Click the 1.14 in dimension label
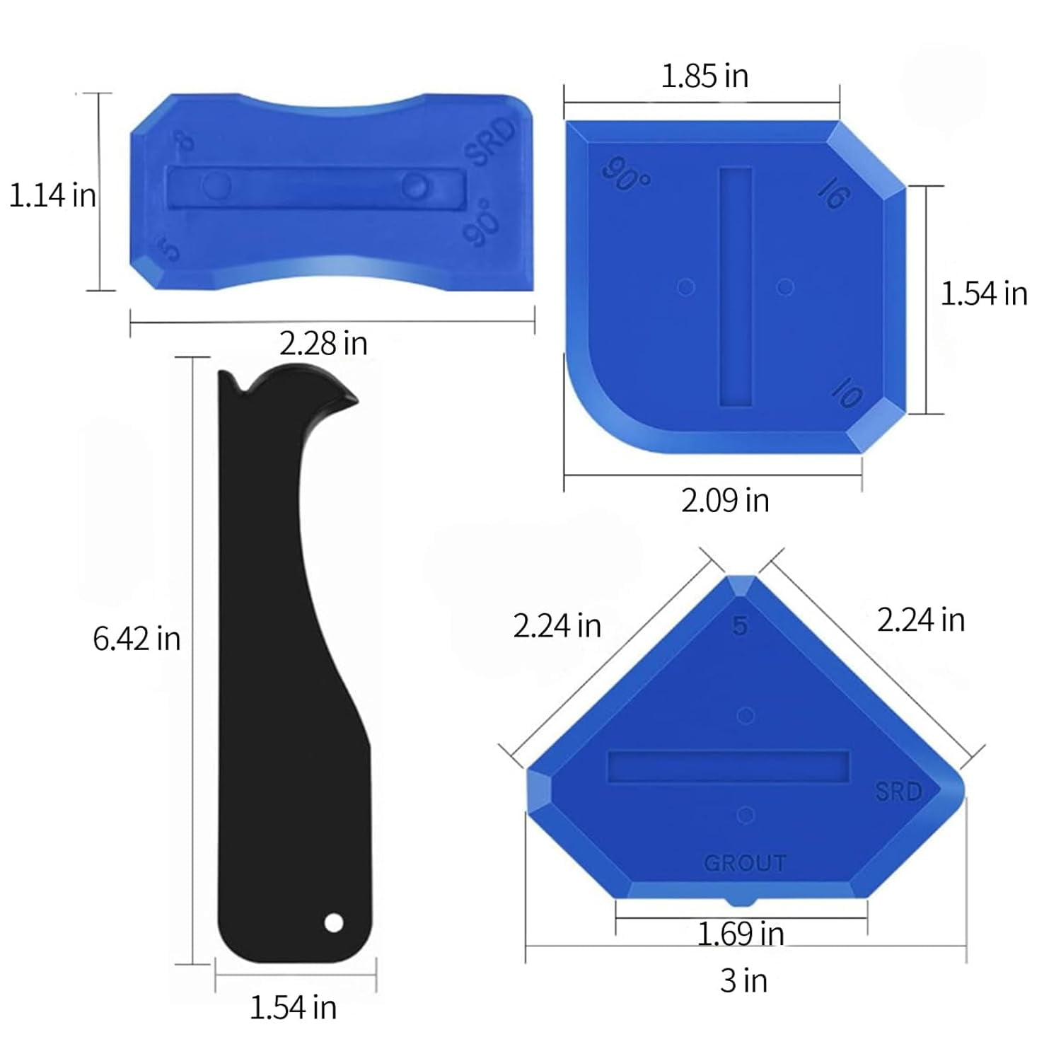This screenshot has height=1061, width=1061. pyautogui.click(x=52, y=195)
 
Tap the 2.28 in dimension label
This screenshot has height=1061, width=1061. pyautogui.click(x=323, y=344)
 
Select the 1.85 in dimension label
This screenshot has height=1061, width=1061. pyautogui.click(x=705, y=76)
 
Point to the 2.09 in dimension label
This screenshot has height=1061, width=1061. pyautogui.click(x=725, y=501)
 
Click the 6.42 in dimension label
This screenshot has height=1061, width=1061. pyautogui.click(x=137, y=639)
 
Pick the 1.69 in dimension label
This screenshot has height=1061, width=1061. pyautogui.click(x=741, y=934)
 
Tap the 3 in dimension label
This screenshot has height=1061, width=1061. pyautogui.click(x=743, y=981)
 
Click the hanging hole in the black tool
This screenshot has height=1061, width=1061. pyautogui.click(x=334, y=922)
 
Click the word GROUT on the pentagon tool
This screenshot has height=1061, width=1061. pyautogui.click(x=745, y=863)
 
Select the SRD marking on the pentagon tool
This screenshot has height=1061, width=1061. pyautogui.click(x=898, y=791)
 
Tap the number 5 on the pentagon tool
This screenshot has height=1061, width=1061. pyautogui.click(x=740, y=625)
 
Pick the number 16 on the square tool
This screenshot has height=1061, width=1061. pyautogui.click(x=833, y=192)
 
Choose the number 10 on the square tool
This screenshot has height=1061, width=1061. pyautogui.click(x=847, y=392)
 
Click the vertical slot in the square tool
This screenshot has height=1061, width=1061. pyautogui.click(x=736, y=286)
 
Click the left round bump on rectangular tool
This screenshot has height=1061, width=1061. pyautogui.click(x=215, y=185)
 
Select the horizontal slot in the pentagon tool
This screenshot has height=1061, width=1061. pyautogui.click(x=729, y=767)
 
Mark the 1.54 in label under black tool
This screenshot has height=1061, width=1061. pyautogui.click(x=293, y=1007)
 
